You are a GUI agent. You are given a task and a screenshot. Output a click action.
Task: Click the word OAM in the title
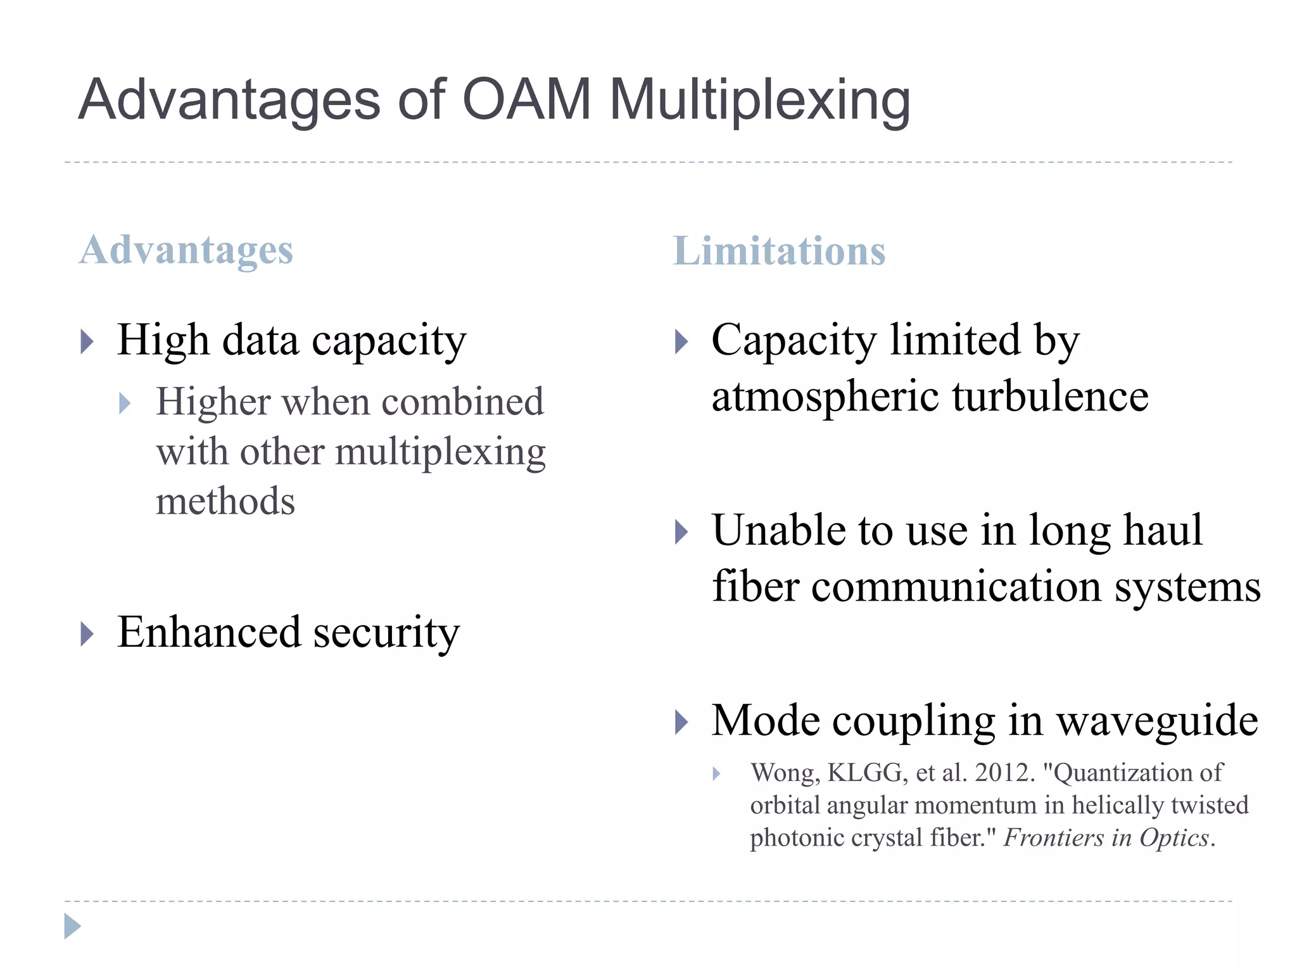[526, 99]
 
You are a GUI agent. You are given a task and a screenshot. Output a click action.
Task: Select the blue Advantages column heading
[186, 251]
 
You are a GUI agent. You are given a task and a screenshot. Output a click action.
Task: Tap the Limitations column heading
[779, 251]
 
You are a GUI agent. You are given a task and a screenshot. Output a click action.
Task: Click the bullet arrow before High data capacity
[87, 342]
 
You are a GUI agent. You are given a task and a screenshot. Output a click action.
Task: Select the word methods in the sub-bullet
[225, 501]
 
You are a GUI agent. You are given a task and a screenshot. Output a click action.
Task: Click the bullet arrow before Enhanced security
[87, 634]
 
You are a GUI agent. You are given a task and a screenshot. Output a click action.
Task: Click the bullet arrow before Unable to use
[681, 532]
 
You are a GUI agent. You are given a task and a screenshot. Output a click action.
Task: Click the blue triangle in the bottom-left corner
[72, 926]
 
